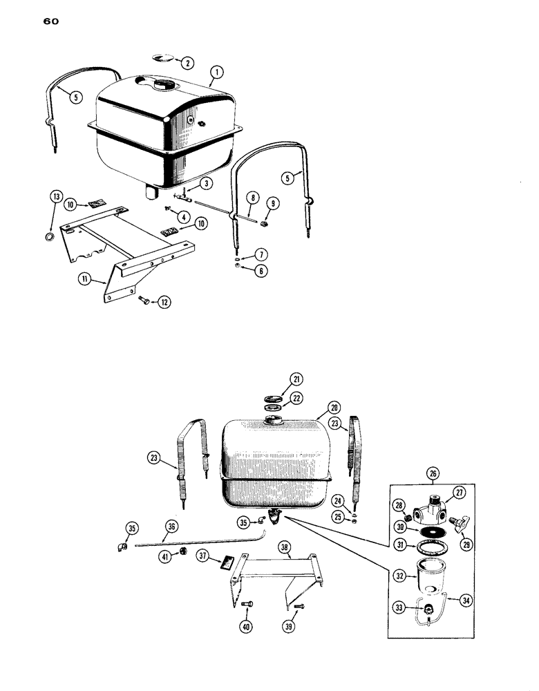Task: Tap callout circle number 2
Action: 187,63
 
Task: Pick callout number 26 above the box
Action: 432,474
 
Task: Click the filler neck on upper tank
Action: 166,86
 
